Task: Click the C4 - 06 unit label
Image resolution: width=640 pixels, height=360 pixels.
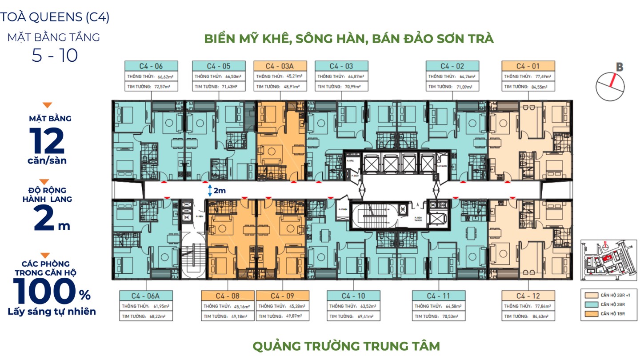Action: tap(151, 66)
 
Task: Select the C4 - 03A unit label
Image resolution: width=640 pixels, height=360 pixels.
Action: tap(280, 66)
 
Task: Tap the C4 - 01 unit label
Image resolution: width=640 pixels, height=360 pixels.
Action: tap(528, 66)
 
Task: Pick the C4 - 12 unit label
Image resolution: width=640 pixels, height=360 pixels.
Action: tap(528, 296)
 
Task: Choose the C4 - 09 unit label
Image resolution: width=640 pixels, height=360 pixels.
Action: tap(282, 296)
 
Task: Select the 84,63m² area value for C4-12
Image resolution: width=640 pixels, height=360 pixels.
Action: tap(539, 316)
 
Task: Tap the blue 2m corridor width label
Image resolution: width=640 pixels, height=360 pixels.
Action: tap(220, 191)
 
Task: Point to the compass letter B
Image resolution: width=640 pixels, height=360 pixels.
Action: tap(620, 68)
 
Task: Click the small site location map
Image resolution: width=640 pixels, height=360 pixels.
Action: tap(608, 259)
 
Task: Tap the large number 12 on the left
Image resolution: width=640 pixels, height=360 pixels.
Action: tap(47, 141)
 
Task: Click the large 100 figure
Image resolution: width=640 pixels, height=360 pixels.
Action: tap(46, 292)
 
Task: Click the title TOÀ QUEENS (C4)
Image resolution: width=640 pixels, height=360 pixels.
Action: tap(55, 17)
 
